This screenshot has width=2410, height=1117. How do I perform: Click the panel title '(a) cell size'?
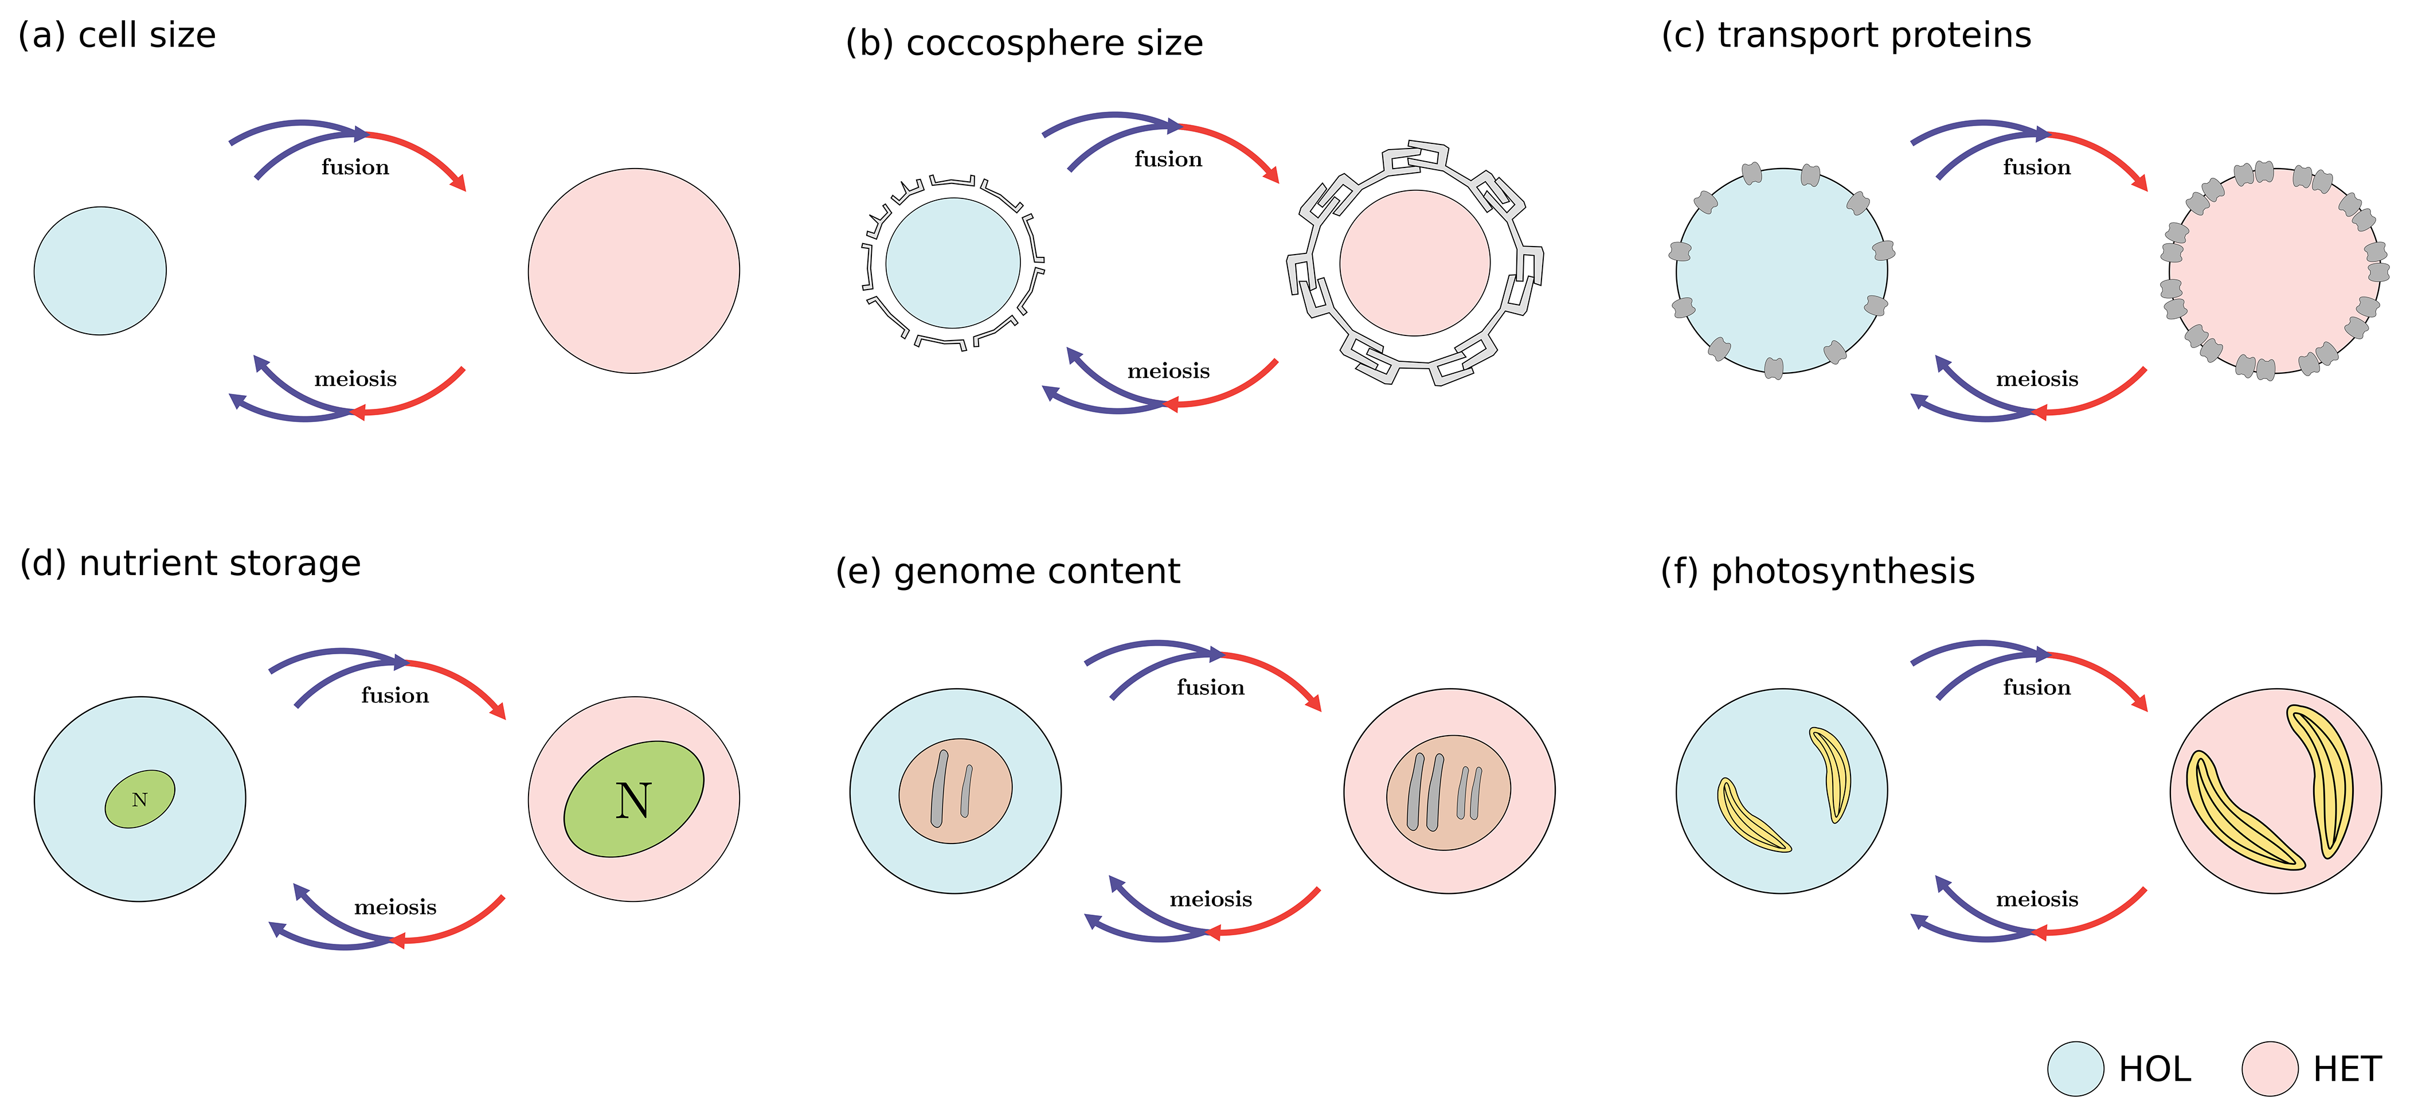(x=117, y=36)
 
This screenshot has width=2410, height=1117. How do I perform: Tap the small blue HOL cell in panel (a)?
(x=100, y=271)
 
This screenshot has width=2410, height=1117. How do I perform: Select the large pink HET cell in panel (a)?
(x=633, y=271)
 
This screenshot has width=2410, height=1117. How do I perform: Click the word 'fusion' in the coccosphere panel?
(x=1168, y=160)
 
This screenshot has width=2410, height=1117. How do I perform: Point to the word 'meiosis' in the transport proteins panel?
(x=2037, y=379)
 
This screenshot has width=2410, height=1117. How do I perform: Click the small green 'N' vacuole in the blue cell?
(x=139, y=799)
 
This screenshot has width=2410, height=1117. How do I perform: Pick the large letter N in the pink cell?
(x=633, y=801)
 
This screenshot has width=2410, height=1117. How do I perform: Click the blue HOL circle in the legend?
(x=2075, y=1068)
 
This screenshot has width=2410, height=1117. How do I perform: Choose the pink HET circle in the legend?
(x=2270, y=1068)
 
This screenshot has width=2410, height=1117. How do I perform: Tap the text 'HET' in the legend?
(x=2346, y=1068)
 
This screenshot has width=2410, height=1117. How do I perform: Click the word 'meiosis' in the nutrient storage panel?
(x=395, y=908)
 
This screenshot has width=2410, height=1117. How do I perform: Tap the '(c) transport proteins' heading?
(x=1846, y=36)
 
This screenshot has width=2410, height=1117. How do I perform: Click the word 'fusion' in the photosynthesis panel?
(x=2037, y=688)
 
